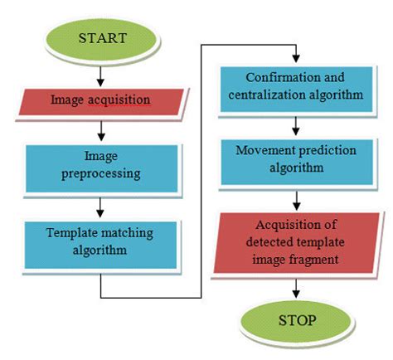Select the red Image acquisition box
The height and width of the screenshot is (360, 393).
(x=100, y=100)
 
